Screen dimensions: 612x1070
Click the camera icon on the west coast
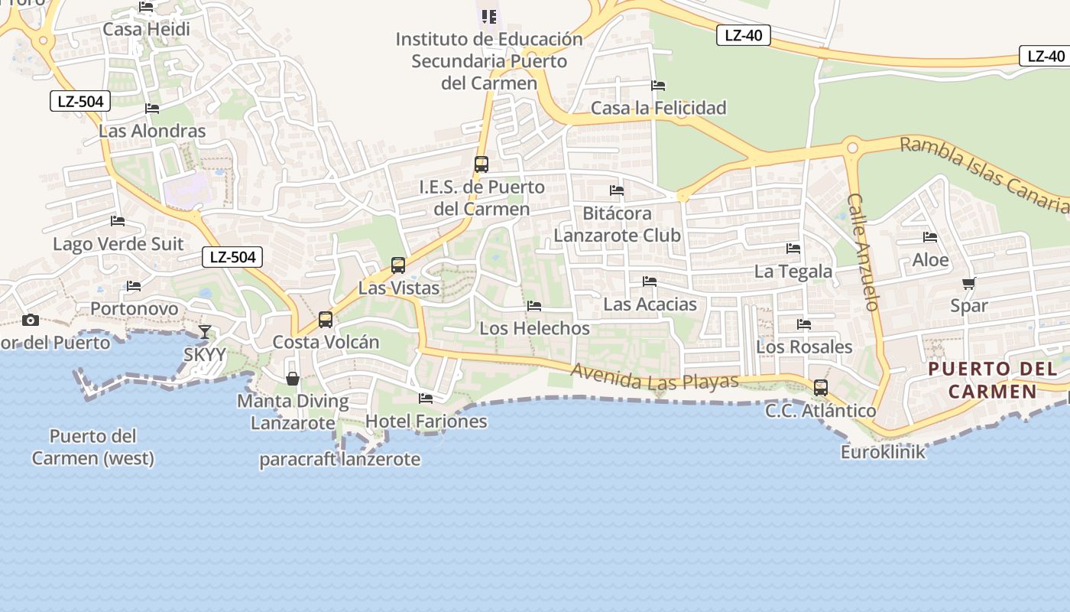pos(31,320)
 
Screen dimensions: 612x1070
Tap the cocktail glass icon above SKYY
pos(205,331)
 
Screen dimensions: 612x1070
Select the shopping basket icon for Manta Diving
pos(293,379)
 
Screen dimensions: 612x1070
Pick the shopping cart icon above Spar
pos(969,284)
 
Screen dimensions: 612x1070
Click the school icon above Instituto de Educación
pos(488,16)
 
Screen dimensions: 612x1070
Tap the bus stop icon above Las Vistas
pos(398,265)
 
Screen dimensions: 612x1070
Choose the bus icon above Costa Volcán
pos(326,320)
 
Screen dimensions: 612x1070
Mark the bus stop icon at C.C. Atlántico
pos(821,388)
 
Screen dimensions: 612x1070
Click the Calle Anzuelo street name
pos(864,252)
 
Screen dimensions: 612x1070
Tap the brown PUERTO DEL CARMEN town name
pos(983,380)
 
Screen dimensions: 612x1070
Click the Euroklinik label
pos(883,452)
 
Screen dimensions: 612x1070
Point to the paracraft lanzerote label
pos(340,460)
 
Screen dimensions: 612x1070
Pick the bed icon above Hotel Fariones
pos(426,398)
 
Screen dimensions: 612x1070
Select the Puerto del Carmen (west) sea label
pos(93,448)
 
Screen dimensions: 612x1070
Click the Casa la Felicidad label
pos(659,108)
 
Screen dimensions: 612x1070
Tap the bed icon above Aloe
pos(930,237)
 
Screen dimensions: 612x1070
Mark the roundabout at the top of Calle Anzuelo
pos(852,147)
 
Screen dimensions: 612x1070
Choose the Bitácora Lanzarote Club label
pos(617,224)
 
